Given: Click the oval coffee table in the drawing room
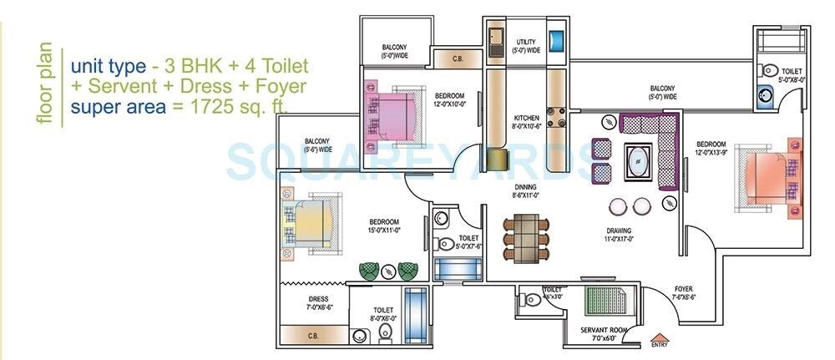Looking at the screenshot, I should click(639, 158).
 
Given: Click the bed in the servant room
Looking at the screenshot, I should click(606, 301).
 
